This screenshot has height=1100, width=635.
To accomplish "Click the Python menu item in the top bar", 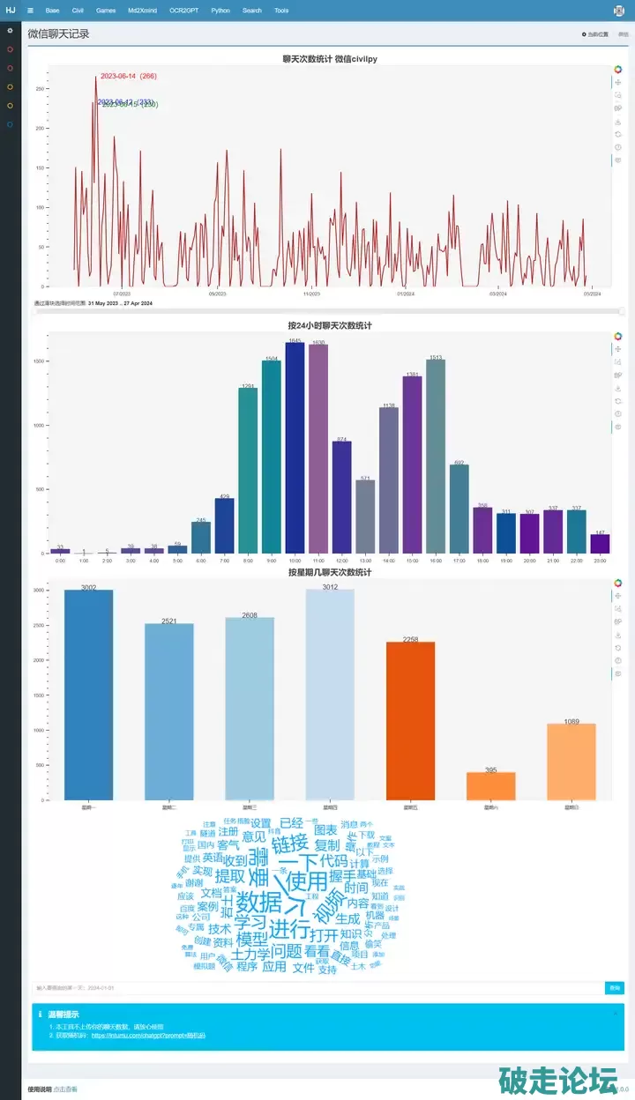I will (220, 11).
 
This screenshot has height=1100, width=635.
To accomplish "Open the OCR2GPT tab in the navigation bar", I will (184, 11).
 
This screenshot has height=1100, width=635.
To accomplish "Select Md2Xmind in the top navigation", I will (141, 11).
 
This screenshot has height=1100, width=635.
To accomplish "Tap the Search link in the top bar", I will (252, 11).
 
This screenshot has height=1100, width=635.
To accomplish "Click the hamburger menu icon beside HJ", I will (30, 11).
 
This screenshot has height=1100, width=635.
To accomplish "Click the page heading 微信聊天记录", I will (58, 34).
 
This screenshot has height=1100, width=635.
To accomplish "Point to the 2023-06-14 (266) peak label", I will (128, 77).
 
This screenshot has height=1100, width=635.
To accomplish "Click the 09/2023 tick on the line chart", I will (217, 294).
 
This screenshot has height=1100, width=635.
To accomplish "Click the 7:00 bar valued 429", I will (224, 525).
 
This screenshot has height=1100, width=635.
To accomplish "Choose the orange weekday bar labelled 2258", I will (410, 721).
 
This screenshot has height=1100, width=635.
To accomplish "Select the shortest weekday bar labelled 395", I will (490, 786).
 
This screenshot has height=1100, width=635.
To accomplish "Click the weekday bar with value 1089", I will (571, 762).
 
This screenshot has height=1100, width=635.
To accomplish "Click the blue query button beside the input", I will (614, 988).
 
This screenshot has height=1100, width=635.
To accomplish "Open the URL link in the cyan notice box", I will (148, 1036).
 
